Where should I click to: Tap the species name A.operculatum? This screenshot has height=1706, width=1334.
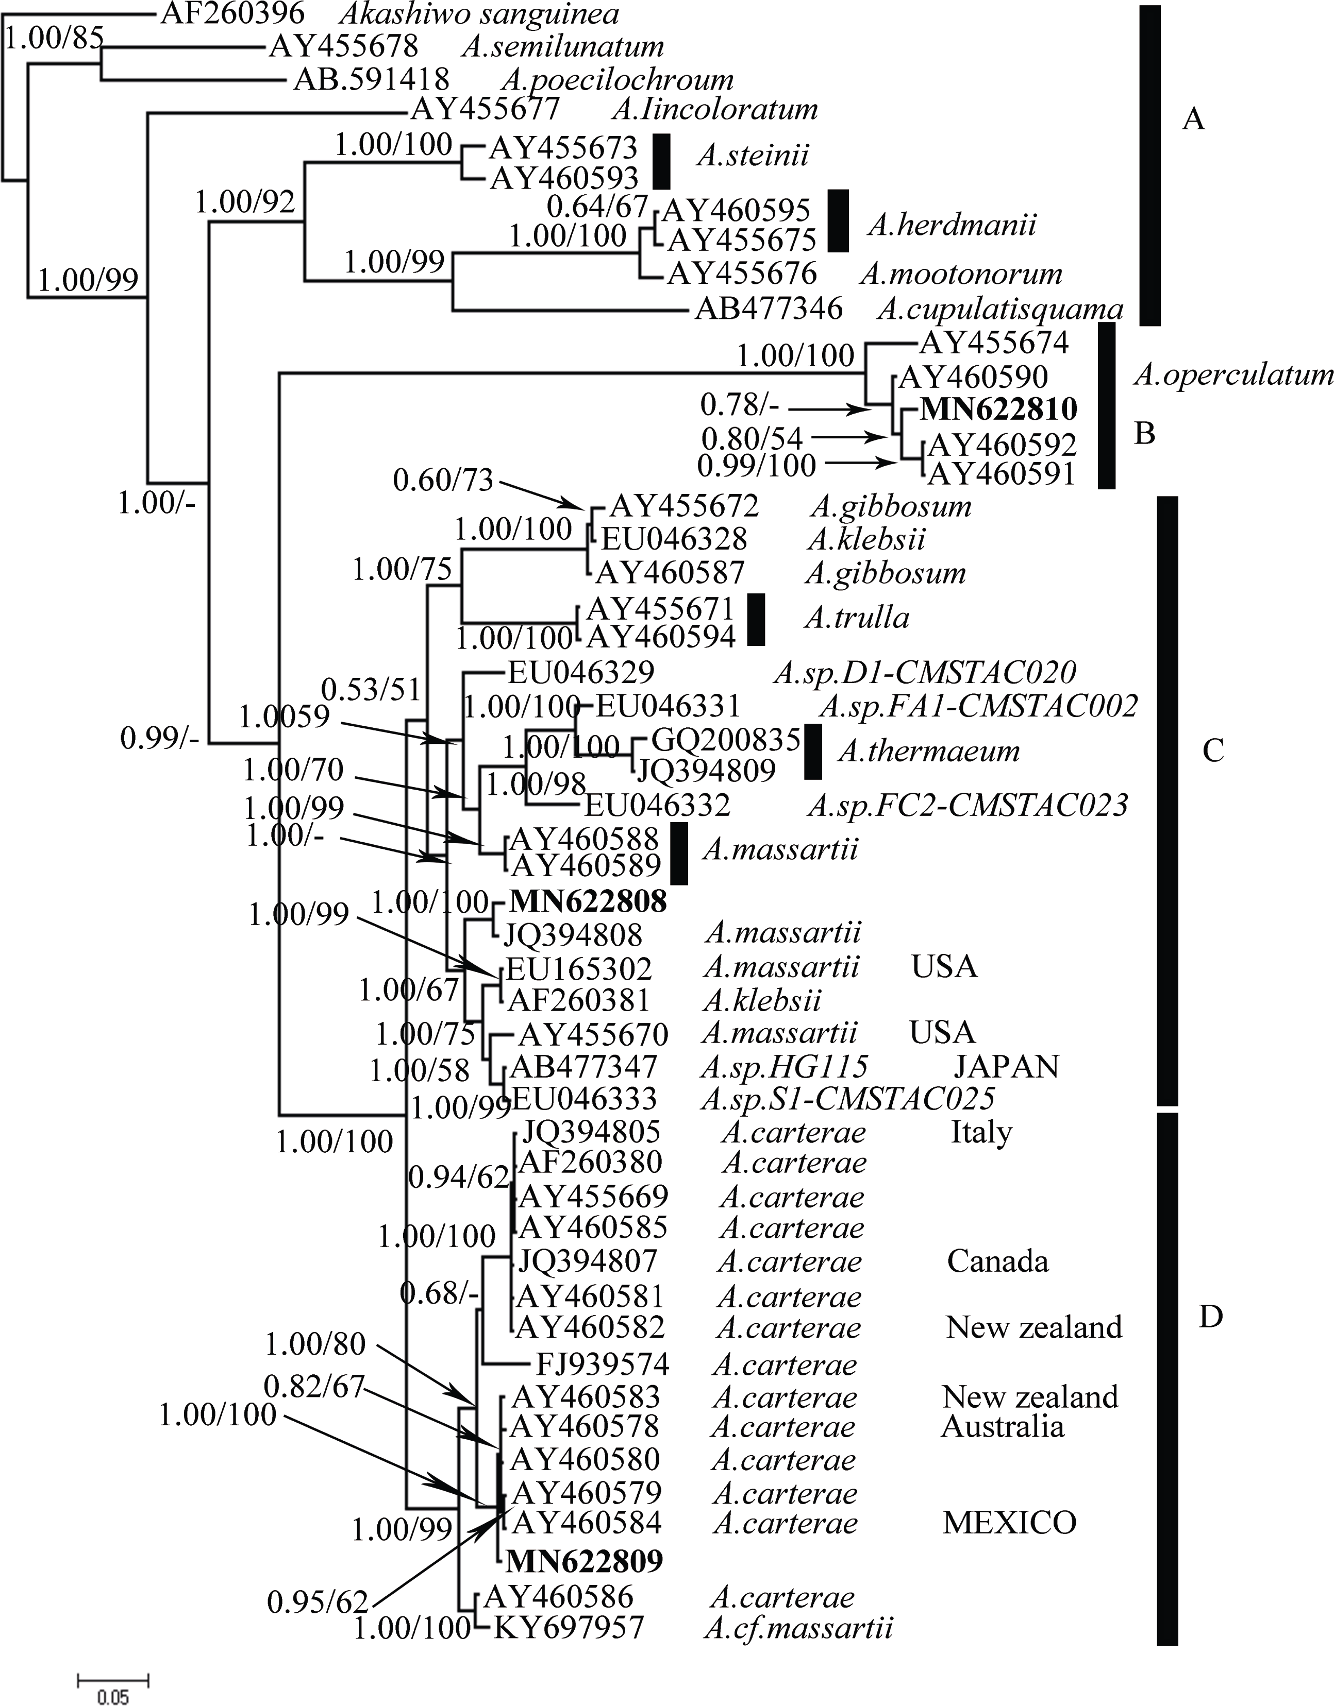click(1233, 377)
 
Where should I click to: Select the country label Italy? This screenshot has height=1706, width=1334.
click(981, 1132)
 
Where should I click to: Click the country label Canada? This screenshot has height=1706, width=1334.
click(998, 1261)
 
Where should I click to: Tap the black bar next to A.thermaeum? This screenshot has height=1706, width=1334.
click(813, 752)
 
